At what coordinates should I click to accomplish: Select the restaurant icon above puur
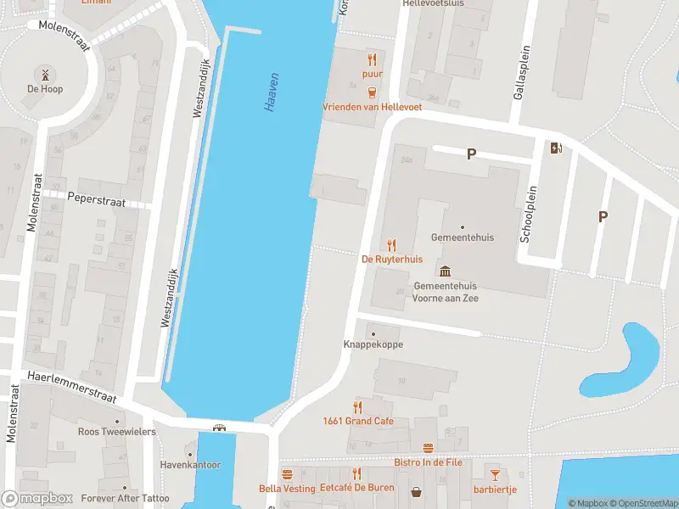(372, 59)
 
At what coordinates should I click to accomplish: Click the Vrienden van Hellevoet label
(372, 107)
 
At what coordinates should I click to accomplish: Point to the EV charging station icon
(556, 148)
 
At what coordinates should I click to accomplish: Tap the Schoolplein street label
(525, 214)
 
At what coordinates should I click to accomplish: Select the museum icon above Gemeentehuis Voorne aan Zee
(445, 271)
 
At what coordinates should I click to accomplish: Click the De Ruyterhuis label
(392, 259)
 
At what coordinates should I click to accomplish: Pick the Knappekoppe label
(373, 344)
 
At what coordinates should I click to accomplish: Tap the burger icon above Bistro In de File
(428, 448)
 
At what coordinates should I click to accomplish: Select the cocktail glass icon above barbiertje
(495, 474)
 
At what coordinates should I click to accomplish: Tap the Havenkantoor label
(190, 465)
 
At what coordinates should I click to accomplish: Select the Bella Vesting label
(287, 489)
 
